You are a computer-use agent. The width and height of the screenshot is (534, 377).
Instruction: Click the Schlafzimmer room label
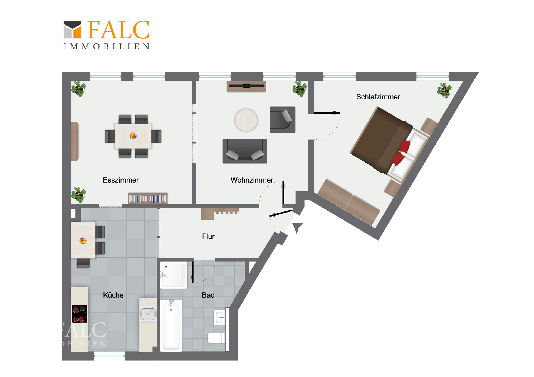(378, 97)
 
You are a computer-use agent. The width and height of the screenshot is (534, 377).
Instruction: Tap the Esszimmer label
(121, 180)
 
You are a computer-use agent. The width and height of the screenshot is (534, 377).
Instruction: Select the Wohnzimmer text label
(252, 180)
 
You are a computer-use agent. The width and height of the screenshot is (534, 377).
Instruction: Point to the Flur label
(208, 236)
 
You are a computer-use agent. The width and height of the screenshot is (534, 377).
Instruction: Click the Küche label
(113, 295)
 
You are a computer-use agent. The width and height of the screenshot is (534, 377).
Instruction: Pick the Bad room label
(208, 295)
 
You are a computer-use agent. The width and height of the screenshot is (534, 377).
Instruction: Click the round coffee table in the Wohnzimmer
(246, 120)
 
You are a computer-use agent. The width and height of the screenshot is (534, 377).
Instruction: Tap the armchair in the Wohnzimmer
(283, 119)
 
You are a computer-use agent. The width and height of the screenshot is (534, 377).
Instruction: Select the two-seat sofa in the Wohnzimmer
(245, 151)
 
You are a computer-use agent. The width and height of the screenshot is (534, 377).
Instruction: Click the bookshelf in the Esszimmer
(148, 198)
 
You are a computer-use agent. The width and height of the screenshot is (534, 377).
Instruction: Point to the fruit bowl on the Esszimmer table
(133, 136)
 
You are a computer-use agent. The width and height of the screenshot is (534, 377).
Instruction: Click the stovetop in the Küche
(80, 314)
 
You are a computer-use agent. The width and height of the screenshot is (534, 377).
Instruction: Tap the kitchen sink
(148, 314)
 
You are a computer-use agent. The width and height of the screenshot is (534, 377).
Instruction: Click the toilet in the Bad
(216, 338)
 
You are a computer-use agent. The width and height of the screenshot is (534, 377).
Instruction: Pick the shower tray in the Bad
(174, 275)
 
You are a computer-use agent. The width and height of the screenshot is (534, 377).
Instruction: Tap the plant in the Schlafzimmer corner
(444, 91)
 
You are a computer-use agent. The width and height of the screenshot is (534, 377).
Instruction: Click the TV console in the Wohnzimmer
(246, 86)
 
